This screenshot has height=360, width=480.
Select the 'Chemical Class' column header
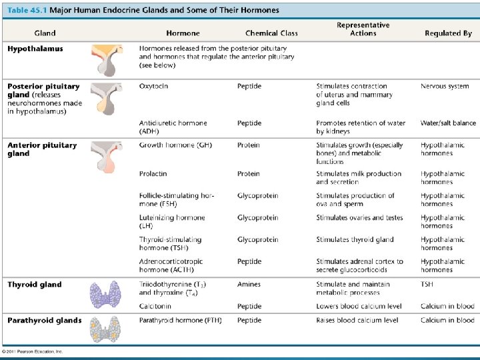(x=271, y=33)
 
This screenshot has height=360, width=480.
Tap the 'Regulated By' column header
(x=448, y=33)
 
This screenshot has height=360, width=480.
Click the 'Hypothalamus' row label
(x=35, y=49)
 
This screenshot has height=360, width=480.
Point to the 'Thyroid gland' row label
(x=35, y=285)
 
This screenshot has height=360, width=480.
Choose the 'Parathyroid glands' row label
(x=45, y=321)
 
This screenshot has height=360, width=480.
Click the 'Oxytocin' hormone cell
(x=154, y=86)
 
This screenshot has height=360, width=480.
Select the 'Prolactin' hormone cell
(x=153, y=174)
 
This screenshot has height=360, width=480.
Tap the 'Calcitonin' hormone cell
(x=156, y=307)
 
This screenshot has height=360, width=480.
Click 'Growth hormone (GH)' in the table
(x=176, y=145)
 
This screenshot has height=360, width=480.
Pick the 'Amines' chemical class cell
(x=249, y=285)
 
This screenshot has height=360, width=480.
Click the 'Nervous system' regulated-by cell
(x=445, y=86)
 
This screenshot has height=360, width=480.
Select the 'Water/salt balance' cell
(x=448, y=123)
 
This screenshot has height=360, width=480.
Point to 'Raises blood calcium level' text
(x=357, y=321)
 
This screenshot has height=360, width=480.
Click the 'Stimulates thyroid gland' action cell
(x=355, y=240)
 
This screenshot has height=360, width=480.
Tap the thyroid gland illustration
(x=105, y=293)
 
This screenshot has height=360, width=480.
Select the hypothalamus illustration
(x=107, y=59)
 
